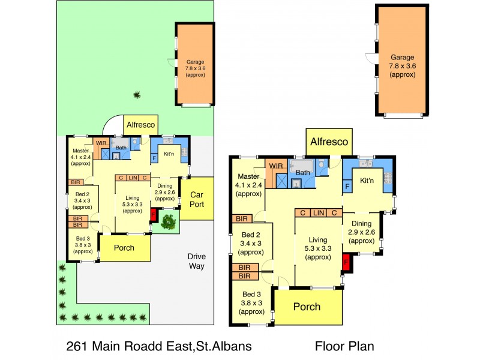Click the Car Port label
pos(197,199)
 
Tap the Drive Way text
pos(195,262)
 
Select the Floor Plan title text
pos(344,346)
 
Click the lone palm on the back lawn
pos(137,94)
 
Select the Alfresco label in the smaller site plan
pos(141,125)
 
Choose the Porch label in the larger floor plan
pos(307,307)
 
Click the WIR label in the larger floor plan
pos(276,166)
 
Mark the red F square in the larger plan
pos(346,262)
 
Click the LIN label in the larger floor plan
pos(318,213)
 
